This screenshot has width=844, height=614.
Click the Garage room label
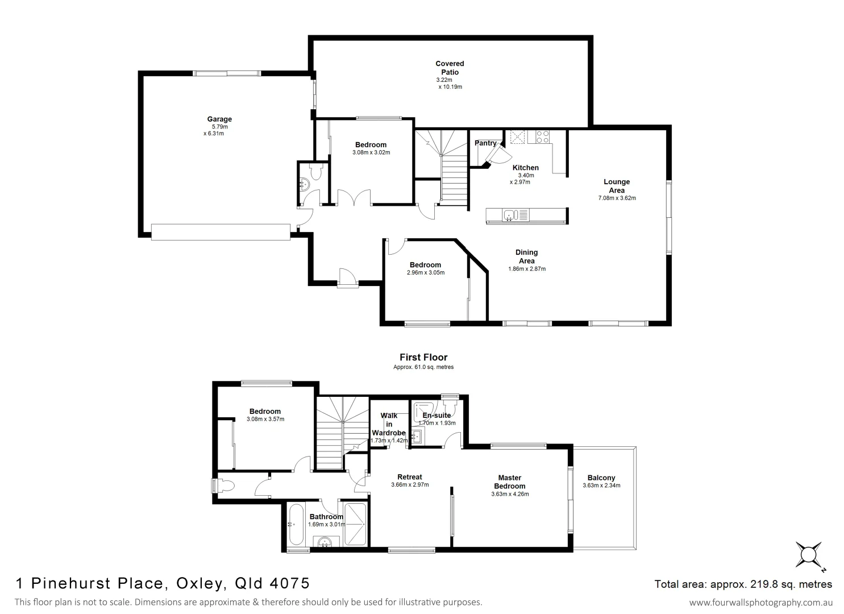point(219,119)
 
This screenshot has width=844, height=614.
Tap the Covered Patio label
point(450,68)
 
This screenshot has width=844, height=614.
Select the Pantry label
point(485,143)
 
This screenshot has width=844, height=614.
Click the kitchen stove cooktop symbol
point(542,136)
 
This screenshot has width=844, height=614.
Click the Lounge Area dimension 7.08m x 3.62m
point(617,198)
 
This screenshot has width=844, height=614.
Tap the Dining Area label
point(526,256)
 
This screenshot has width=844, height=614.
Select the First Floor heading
point(423,357)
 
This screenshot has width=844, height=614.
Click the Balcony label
point(601,478)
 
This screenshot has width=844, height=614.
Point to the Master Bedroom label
point(510,482)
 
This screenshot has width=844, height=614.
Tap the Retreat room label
point(410,477)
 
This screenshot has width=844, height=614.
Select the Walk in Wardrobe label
point(389,424)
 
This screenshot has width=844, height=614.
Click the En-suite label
point(436,415)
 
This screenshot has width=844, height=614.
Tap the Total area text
point(743,584)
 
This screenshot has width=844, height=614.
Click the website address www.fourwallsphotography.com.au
point(760,602)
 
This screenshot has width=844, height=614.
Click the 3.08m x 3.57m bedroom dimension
point(265,420)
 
